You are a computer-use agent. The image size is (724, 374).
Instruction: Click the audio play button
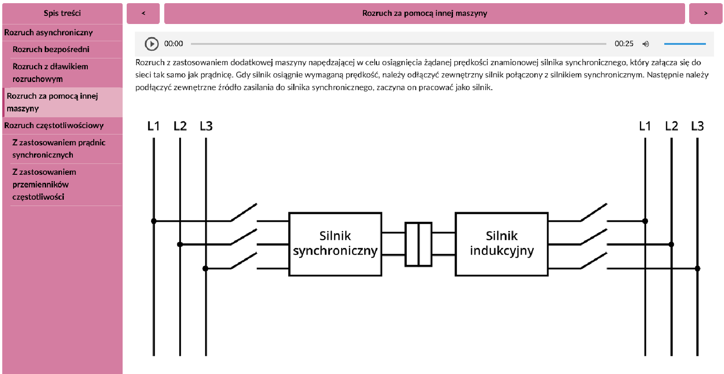[152, 44]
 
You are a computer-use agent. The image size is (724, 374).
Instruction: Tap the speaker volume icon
[646, 44]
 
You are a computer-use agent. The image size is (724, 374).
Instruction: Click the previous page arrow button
[143, 14]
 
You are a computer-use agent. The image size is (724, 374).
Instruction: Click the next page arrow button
[705, 14]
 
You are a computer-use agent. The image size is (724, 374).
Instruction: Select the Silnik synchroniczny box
[335, 244]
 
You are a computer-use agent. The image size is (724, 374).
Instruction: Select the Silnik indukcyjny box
[501, 244]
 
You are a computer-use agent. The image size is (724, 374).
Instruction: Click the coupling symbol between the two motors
[419, 244]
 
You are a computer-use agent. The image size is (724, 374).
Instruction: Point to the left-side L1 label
[153, 126]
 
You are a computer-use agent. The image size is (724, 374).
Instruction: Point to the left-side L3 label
[206, 126]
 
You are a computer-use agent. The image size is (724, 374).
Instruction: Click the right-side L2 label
[672, 126]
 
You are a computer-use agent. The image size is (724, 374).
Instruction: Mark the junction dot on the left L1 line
[154, 221]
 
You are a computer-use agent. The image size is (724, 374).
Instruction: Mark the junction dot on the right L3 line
[698, 269]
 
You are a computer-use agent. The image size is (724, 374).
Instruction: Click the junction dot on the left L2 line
[180, 245]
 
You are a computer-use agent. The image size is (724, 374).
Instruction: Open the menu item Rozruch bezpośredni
[51, 49]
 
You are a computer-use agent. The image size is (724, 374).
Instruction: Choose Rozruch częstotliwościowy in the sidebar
[54, 125]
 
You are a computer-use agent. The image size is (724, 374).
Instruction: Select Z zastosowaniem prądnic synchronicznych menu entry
[59, 149]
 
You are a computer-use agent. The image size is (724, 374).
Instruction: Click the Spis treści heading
[62, 13]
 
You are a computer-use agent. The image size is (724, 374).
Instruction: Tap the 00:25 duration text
[624, 44]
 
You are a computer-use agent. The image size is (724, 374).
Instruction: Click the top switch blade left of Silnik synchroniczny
[244, 212]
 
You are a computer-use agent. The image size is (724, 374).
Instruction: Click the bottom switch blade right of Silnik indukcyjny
[594, 261]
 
